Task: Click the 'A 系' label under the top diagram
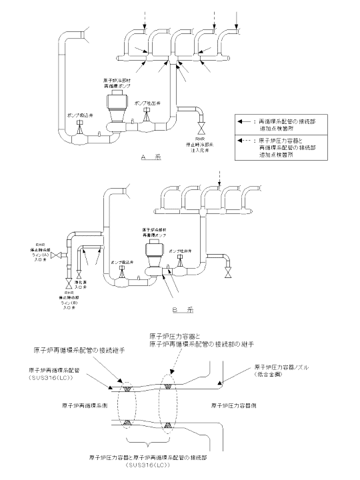tap(147, 157)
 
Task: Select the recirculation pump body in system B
tap(154, 252)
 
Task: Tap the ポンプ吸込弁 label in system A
tap(78, 115)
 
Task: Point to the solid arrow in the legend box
tap(247, 121)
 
